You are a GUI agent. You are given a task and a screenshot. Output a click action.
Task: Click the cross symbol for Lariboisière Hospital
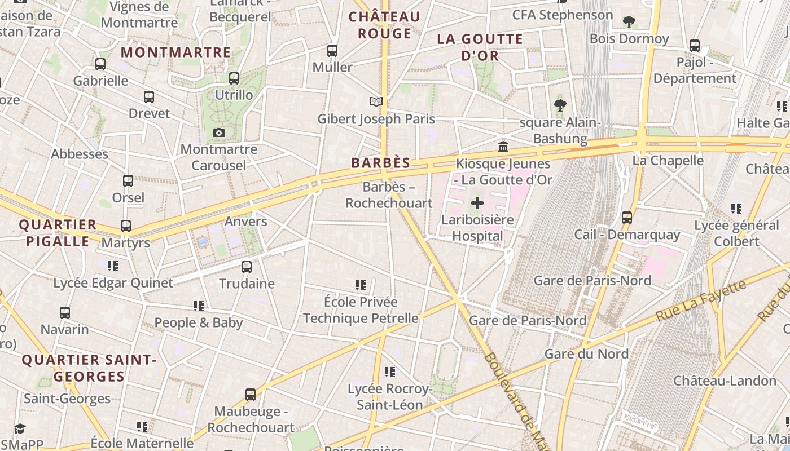[x=477, y=203]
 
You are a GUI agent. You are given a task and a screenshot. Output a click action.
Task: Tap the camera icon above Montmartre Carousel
[x=219, y=133]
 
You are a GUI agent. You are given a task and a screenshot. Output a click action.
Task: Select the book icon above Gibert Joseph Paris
[x=376, y=101]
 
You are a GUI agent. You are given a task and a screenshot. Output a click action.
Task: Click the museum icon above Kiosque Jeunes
[x=503, y=147]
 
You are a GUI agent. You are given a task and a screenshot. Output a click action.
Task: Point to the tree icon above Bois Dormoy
[x=629, y=22]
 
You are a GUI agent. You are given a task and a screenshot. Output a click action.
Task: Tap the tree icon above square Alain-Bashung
[x=560, y=105]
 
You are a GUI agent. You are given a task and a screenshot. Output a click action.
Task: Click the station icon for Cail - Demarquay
[x=626, y=218]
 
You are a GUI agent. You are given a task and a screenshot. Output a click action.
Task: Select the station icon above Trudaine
[x=247, y=267]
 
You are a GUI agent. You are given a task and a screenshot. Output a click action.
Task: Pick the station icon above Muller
[x=332, y=51]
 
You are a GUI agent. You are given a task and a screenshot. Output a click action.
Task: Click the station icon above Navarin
[x=65, y=312]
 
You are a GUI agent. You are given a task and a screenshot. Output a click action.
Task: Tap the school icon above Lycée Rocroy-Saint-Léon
[x=389, y=372]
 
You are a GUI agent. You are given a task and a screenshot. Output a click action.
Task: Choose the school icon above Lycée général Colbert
[x=736, y=209]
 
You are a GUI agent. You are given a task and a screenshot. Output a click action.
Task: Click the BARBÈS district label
[x=380, y=163]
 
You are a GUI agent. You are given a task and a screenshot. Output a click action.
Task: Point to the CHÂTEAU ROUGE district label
[x=384, y=25]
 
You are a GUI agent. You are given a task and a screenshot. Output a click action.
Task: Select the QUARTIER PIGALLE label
[x=58, y=233]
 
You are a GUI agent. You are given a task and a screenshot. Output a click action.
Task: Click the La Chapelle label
[x=668, y=161]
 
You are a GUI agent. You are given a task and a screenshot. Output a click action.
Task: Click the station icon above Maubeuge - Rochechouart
[x=251, y=395]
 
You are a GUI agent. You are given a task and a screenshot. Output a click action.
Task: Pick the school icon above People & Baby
[x=199, y=306]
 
